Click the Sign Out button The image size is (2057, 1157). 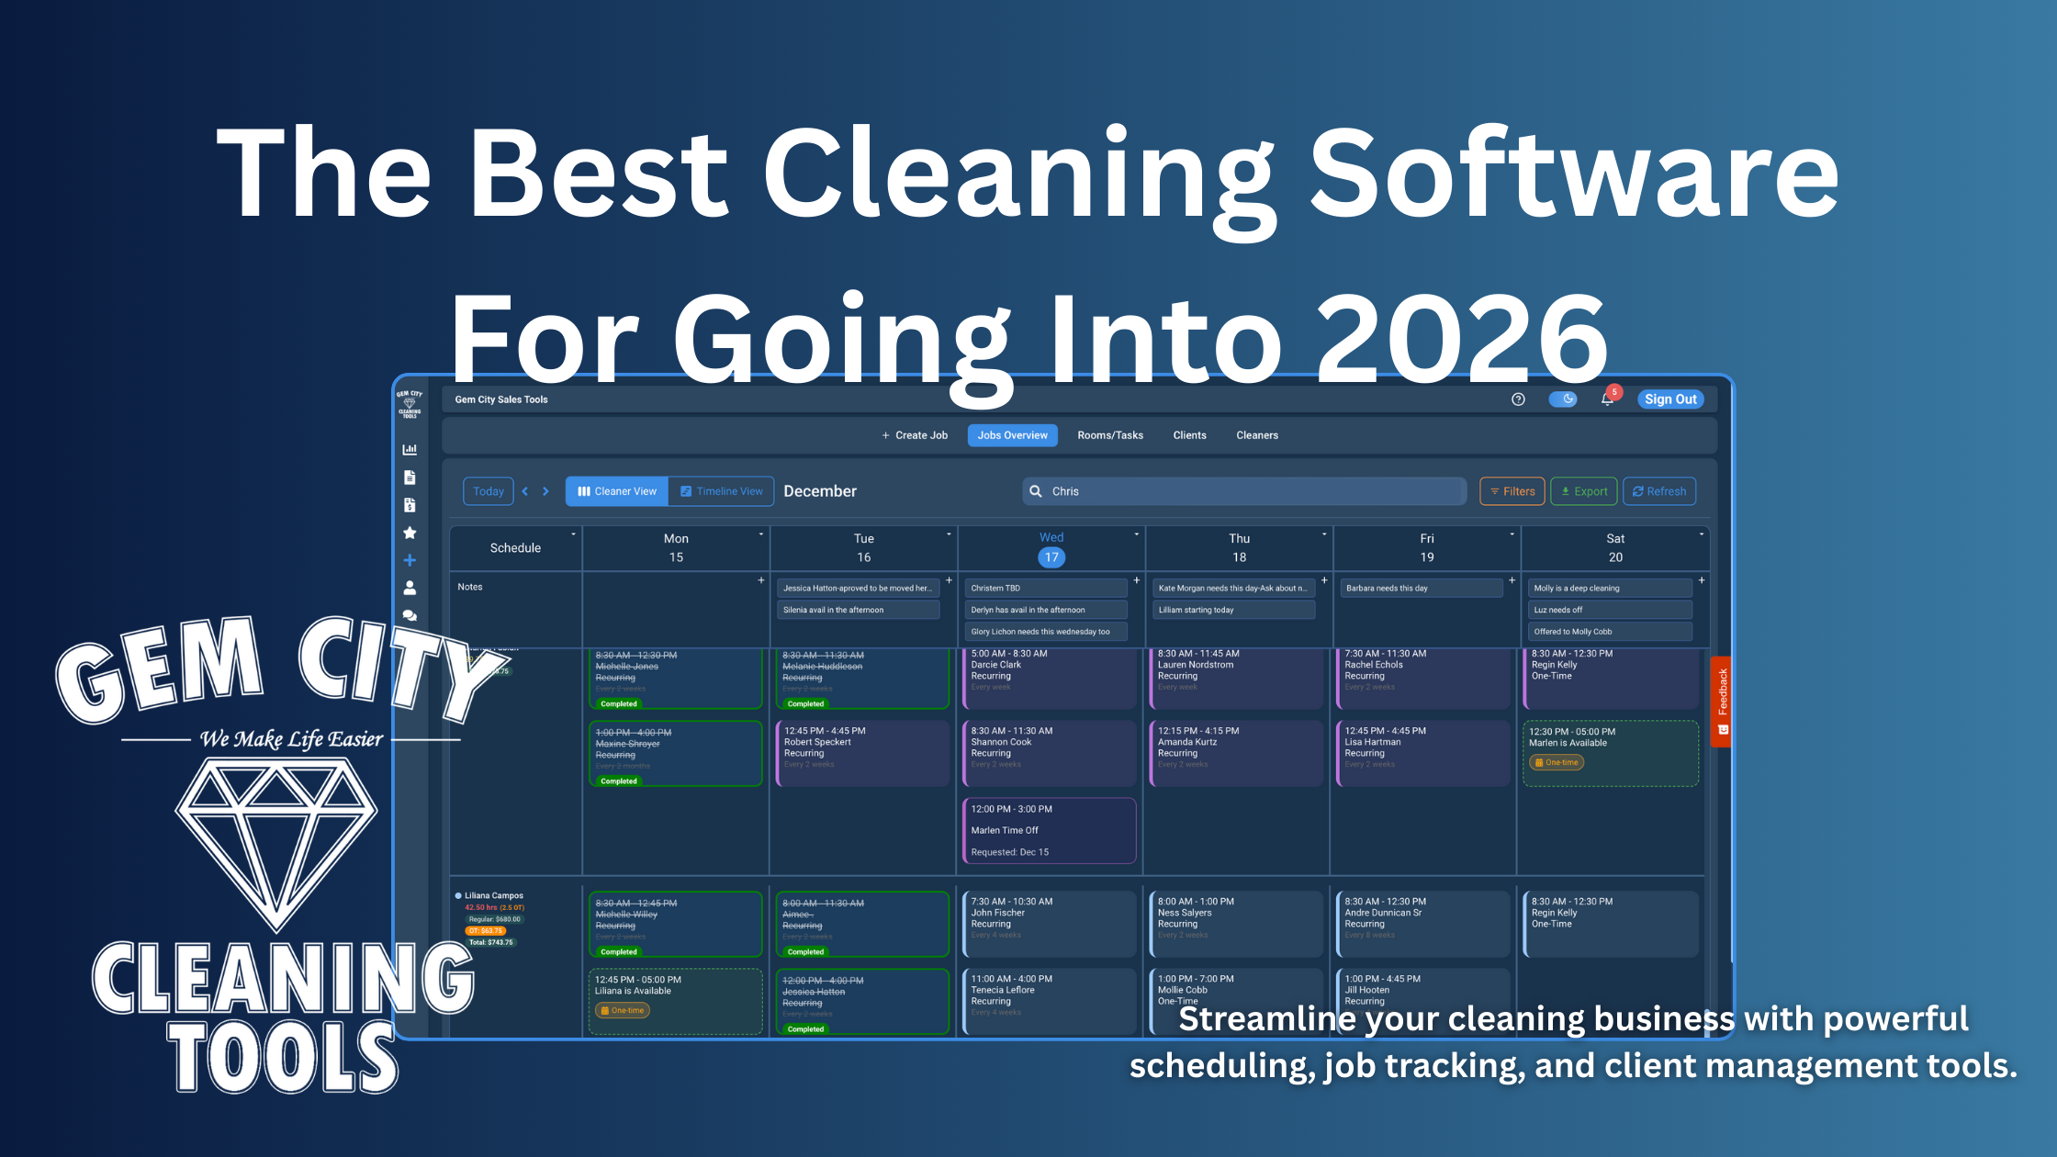1669,399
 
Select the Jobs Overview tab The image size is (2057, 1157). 1012,435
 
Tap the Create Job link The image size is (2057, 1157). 915,435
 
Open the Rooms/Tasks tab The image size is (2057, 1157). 1109,435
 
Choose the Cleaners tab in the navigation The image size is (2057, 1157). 1256,435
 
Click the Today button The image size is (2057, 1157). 488,491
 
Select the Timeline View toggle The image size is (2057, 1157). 721,491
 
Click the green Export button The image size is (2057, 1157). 1583,491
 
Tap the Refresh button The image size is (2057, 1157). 1658,491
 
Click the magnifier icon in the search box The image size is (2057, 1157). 1036,491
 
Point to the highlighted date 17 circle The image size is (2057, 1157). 1051,557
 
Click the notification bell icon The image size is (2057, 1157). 1607,399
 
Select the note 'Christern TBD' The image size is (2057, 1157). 1045,589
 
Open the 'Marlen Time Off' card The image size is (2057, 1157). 1049,830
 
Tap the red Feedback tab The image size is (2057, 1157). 1722,702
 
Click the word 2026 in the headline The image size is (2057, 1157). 1462,340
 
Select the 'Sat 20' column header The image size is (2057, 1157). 1614,548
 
